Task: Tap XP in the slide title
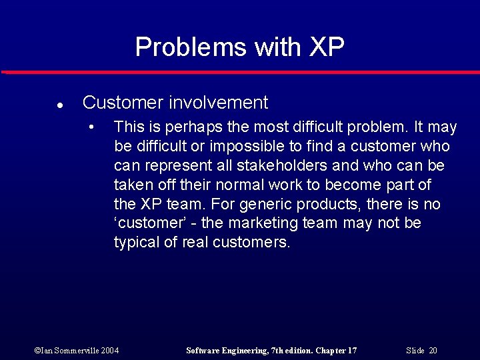click(327, 47)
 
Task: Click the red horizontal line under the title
click(240, 72)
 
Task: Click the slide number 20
click(433, 351)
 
